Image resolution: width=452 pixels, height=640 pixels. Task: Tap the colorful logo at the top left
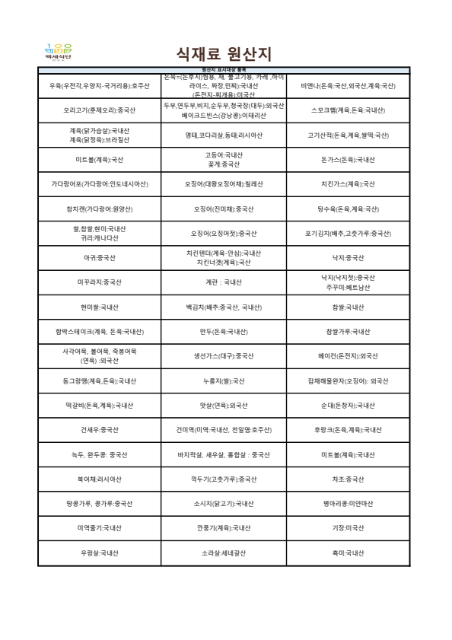pyautogui.click(x=59, y=52)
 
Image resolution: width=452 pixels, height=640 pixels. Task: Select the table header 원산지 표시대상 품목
pyautogui.click(x=224, y=69)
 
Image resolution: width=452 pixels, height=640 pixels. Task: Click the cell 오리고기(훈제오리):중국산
pyautogui.click(x=99, y=110)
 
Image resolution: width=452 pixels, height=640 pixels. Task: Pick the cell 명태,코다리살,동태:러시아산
pyautogui.click(x=224, y=135)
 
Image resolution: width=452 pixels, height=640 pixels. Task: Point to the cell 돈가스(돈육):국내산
pyautogui.click(x=349, y=160)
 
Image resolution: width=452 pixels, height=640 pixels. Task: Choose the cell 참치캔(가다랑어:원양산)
pyautogui.click(x=99, y=209)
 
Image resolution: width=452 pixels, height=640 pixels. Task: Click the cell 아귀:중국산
pyautogui.click(x=99, y=257)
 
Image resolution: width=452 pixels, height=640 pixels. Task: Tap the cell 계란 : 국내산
pyautogui.click(x=224, y=282)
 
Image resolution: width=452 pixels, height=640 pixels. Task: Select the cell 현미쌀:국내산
pyautogui.click(x=99, y=307)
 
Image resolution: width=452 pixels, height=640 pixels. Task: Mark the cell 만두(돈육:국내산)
pyautogui.click(x=224, y=332)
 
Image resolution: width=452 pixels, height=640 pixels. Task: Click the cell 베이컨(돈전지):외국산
pyautogui.click(x=349, y=355)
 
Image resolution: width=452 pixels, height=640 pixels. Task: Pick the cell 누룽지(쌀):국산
pyautogui.click(x=224, y=380)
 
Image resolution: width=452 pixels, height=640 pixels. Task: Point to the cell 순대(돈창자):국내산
pyautogui.click(x=349, y=405)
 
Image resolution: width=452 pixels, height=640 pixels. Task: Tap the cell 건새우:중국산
pyautogui.click(x=99, y=430)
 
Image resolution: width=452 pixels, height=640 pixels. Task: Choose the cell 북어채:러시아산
pyautogui.click(x=99, y=479)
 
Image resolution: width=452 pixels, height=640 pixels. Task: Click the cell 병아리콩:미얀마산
pyautogui.click(x=349, y=504)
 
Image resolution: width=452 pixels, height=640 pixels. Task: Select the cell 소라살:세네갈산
pyautogui.click(x=224, y=552)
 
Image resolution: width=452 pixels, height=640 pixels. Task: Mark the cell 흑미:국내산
pyautogui.click(x=349, y=552)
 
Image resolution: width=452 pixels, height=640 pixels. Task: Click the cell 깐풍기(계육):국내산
pyautogui.click(x=224, y=528)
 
